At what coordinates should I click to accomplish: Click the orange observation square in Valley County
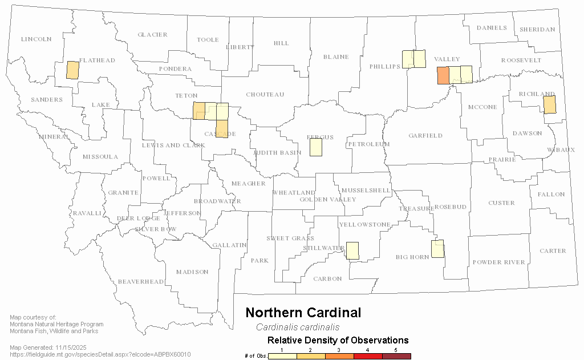click(443, 75)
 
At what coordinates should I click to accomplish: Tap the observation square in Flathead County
click(72, 70)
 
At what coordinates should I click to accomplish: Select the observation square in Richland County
click(549, 104)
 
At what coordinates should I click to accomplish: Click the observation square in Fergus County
click(315, 147)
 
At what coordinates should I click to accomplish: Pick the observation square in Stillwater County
click(352, 250)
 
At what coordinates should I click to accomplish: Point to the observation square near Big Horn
click(437, 249)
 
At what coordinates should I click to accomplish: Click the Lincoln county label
click(36, 39)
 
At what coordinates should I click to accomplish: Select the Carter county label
click(553, 251)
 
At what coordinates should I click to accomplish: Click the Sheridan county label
click(537, 30)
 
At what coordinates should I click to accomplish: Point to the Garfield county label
click(425, 136)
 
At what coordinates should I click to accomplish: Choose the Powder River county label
click(498, 262)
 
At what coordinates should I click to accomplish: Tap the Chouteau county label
click(265, 95)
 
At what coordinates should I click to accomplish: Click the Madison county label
click(192, 272)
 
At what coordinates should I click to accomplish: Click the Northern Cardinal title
click(303, 313)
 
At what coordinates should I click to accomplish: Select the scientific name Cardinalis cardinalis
click(297, 327)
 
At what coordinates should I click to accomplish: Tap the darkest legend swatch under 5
click(396, 356)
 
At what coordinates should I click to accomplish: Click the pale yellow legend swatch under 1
click(282, 356)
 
